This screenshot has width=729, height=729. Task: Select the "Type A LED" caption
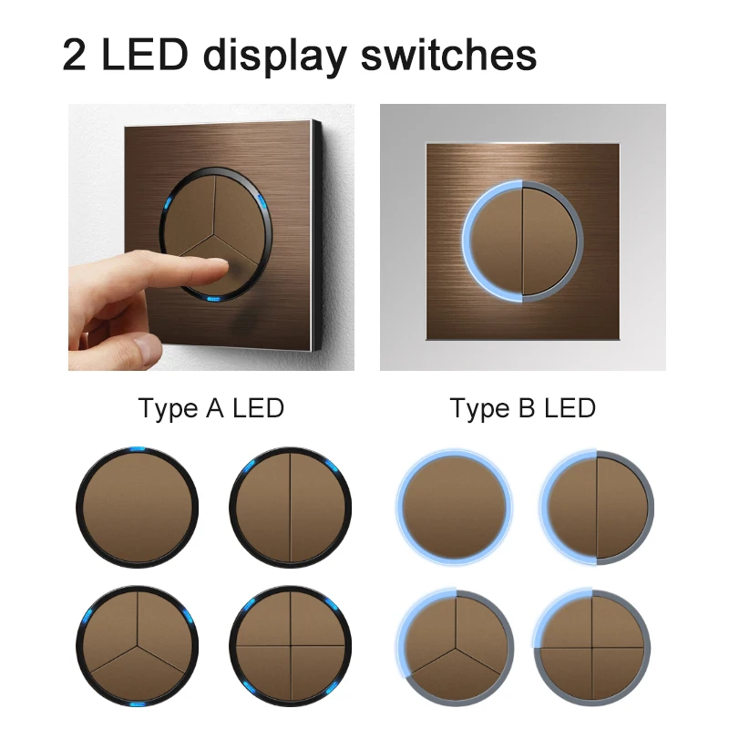coord(211,408)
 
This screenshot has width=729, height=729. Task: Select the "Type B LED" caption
coord(522,408)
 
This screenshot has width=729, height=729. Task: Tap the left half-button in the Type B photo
coord(495,241)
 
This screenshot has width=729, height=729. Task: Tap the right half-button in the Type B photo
coord(546,241)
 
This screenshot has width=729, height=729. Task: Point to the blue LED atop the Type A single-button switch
coord(137,449)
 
